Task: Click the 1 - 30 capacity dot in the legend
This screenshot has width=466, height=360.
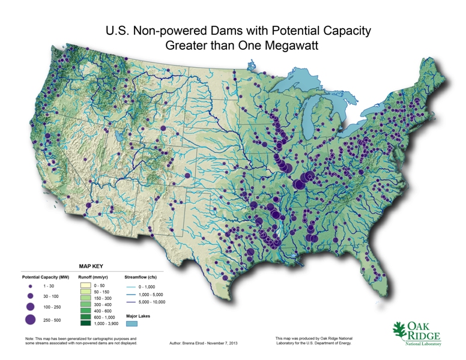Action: pyautogui.click(x=30, y=287)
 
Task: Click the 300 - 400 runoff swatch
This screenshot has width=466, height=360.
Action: pyautogui.click(x=86, y=305)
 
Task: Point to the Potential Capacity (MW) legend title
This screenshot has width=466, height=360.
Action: pyautogui.click(x=46, y=278)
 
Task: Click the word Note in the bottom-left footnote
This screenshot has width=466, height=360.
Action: pyautogui.click(x=30, y=339)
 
